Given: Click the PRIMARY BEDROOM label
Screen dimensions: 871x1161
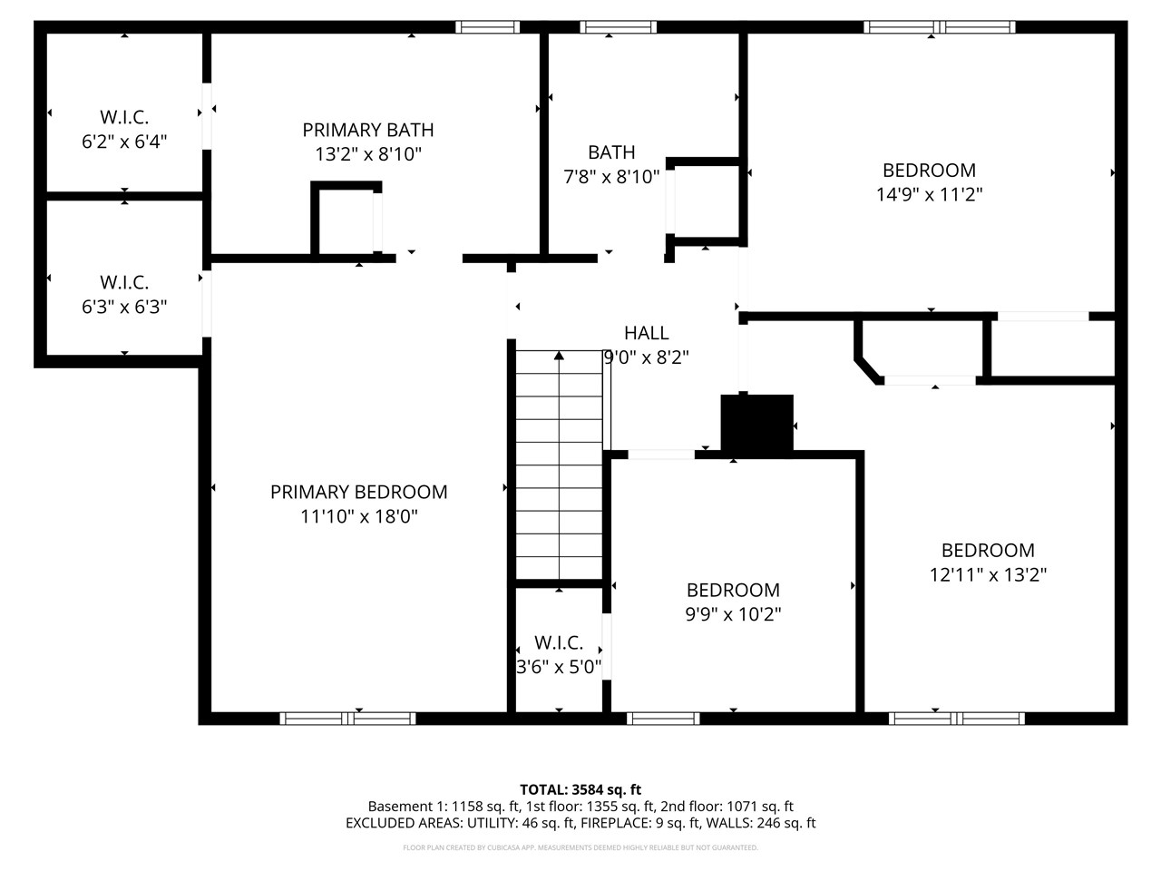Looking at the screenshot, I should (x=358, y=492).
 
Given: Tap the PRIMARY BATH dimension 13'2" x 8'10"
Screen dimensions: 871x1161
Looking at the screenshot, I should (x=367, y=154).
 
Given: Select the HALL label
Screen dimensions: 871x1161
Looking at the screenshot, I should (x=646, y=333).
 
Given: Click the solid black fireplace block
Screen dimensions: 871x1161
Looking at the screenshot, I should (x=756, y=424).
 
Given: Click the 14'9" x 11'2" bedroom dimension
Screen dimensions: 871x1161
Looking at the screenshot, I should (x=929, y=193).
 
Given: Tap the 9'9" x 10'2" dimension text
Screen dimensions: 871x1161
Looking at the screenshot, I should (x=733, y=614).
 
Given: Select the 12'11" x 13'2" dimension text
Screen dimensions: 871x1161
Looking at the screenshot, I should (x=988, y=574).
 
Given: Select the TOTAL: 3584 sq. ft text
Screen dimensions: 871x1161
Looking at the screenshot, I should (x=580, y=789).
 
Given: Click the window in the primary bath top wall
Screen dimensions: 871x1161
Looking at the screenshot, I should (x=488, y=26).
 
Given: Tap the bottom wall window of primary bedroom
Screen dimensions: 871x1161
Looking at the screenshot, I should (x=347, y=719).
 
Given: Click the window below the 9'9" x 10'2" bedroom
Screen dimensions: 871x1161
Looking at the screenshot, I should (x=663, y=719).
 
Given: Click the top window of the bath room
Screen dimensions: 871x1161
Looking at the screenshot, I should (x=618, y=26).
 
